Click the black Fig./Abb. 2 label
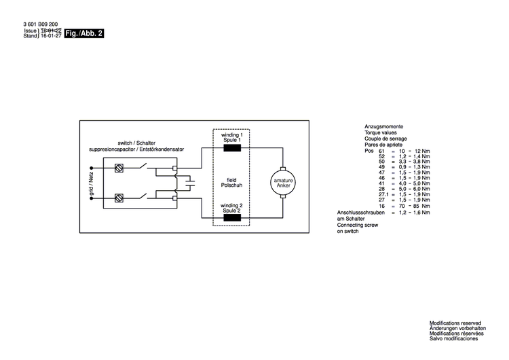click(x=84, y=33)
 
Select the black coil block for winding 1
click(x=232, y=148)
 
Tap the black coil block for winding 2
click(x=232, y=217)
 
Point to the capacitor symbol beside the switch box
click(x=190, y=183)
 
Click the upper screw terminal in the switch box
click(x=119, y=168)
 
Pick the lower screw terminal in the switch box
click(x=119, y=198)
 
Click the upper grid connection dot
click(x=92, y=168)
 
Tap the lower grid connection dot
click(x=92, y=198)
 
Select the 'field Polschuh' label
click(x=231, y=183)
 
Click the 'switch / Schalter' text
click(x=136, y=143)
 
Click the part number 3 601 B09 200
click(x=41, y=24)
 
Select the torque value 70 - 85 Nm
click(x=414, y=206)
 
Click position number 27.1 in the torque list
click(x=383, y=194)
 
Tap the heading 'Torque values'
click(x=381, y=132)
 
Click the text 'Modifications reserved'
click(x=455, y=323)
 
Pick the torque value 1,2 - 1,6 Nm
click(x=414, y=213)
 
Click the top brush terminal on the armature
click(x=283, y=168)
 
